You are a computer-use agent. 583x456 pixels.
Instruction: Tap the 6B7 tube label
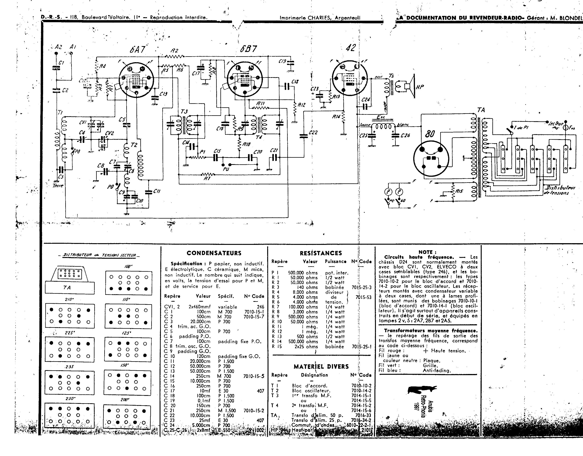(248, 49)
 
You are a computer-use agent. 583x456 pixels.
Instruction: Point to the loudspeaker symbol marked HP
(409, 86)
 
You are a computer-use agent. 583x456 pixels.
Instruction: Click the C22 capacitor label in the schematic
(313, 133)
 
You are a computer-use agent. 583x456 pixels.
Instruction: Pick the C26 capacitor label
(405, 135)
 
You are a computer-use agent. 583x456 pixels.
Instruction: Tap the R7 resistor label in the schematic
(207, 178)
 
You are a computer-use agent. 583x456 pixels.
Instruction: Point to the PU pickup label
(226, 169)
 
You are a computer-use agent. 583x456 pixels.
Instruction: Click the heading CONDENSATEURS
(214, 253)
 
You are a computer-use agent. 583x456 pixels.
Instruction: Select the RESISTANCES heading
(321, 253)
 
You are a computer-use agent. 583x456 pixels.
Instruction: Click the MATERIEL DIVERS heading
(321, 366)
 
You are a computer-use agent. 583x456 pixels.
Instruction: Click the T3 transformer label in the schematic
(184, 112)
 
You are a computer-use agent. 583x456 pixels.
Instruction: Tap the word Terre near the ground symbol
(58, 186)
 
